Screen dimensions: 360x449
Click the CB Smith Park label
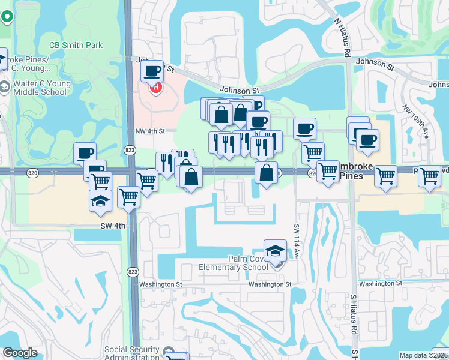(x=76, y=45)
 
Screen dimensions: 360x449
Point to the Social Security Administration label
(x=132, y=353)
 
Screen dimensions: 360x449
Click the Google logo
(x=20, y=353)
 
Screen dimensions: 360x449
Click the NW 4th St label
(x=149, y=131)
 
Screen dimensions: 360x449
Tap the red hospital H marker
(x=156, y=88)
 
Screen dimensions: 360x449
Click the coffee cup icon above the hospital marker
(x=152, y=72)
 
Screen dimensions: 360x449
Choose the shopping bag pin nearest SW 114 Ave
(x=266, y=173)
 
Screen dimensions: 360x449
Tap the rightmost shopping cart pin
(x=429, y=177)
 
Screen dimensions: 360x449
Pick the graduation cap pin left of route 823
(x=100, y=201)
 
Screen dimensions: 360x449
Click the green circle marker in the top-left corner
(x=7, y=16)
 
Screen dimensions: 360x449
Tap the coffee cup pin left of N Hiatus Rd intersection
(x=304, y=128)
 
